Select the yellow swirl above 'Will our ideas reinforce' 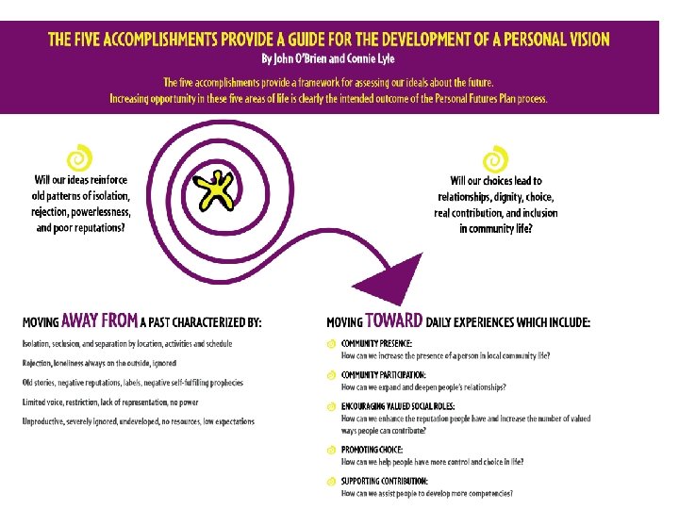tap(80, 156)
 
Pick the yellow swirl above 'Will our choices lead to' tap(494, 157)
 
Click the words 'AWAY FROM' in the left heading tap(99, 321)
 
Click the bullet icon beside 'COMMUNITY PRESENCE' tap(331, 343)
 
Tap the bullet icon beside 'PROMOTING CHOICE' tap(331, 450)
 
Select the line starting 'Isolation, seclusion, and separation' tap(127, 344)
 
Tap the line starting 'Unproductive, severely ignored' tap(138, 421)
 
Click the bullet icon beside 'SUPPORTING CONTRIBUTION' tap(331, 482)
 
